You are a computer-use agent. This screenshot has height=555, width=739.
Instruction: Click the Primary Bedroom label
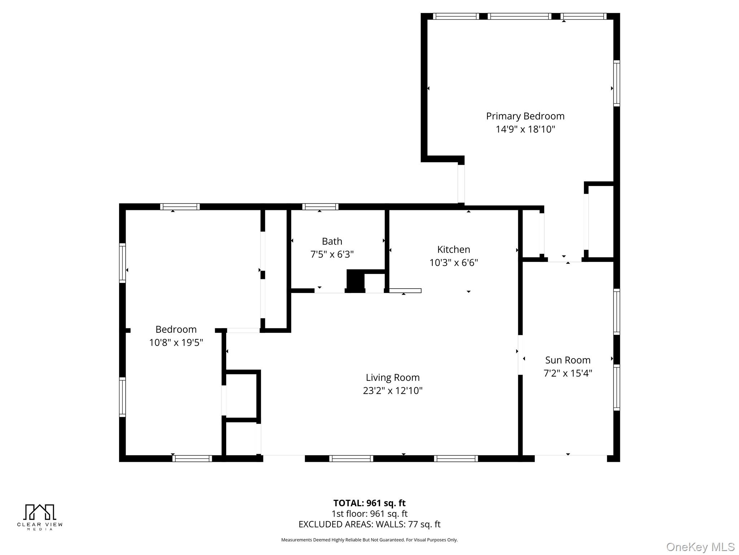[525, 116]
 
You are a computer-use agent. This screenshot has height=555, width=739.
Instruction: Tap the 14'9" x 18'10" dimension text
[525, 129]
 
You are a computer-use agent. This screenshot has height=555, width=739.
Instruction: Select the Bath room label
[332, 241]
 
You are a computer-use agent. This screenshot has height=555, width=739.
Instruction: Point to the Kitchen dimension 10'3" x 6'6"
[454, 263]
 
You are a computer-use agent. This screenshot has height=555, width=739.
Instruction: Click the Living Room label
[393, 377]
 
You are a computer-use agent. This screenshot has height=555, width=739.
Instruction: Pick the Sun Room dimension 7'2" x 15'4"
[568, 373]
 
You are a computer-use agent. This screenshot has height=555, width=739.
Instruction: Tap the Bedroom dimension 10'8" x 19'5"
[176, 343]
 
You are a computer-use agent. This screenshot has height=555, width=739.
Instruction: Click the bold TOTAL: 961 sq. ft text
[369, 503]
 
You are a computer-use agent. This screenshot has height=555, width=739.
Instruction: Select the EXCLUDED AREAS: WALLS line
[369, 524]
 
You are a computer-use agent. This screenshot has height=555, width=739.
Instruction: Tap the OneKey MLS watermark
[700, 547]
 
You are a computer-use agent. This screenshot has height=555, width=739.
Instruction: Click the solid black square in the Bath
[355, 280]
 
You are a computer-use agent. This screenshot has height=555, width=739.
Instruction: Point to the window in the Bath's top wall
[320, 207]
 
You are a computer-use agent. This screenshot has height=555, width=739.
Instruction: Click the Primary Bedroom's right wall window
[617, 83]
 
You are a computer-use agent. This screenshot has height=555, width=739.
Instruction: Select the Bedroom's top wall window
[180, 207]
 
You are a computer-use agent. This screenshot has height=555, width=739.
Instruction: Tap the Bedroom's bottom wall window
[192, 459]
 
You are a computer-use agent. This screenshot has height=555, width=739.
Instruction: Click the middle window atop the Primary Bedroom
[519, 16]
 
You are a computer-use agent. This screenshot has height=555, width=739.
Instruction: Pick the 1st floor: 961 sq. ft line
[369, 513]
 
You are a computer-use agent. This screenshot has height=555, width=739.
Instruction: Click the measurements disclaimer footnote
[369, 540]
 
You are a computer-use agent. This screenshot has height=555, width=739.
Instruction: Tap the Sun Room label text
[568, 360]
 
